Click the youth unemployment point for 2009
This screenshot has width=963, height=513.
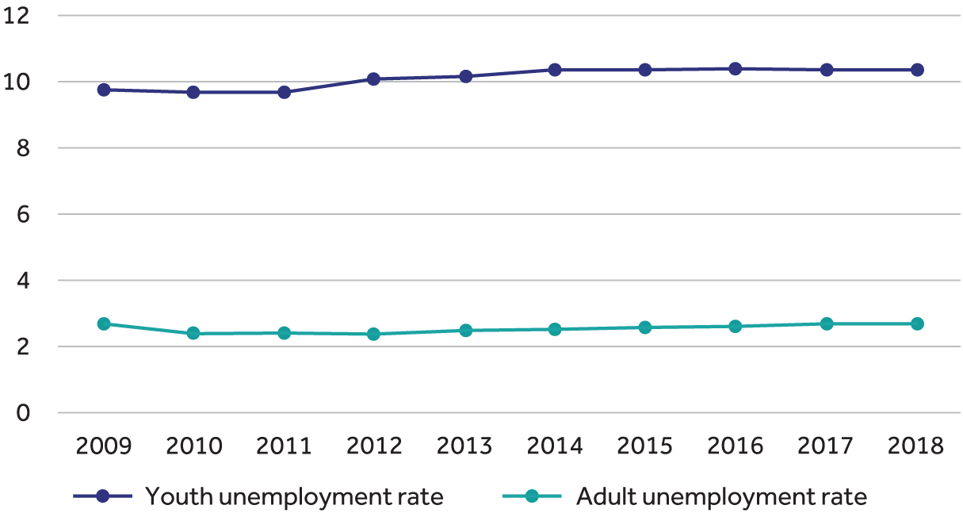pyautogui.click(x=103, y=90)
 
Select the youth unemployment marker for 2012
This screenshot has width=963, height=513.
pyautogui.click(x=374, y=79)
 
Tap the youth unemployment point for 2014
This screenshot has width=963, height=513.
pyautogui.click(x=555, y=70)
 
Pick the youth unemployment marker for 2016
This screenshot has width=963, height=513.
pyautogui.click(x=736, y=69)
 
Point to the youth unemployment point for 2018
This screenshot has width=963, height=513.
pyautogui.click(x=917, y=70)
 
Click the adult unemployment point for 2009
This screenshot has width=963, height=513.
pyautogui.click(x=103, y=323)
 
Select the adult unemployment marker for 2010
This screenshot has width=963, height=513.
pyautogui.click(x=193, y=333)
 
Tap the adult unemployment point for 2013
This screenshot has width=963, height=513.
pyautogui.click(x=465, y=330)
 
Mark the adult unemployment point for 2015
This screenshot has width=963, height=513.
pyautogui.click(x=645, y=327)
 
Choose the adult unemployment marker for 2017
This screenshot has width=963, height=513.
pyautogui.click(x=827, y=323)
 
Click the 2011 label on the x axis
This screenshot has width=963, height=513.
pyautogui.click(x=284, y=446)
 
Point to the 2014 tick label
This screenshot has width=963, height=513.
pyautogui.click(x=555, y=446)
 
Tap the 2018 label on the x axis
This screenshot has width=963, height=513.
pyautogui.click(x=917, y=446)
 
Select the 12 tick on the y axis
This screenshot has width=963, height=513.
pyautogui.click(x=17, y=15)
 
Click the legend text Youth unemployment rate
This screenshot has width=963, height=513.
pyautogui.click(x=294, y=497)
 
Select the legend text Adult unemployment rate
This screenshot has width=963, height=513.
pyautogui.click(x=721, y=497)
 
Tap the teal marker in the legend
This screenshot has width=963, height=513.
pyautogui.click(x=532, y=497)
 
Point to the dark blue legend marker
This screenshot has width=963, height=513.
pyautogui.click(x=102, y=497)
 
